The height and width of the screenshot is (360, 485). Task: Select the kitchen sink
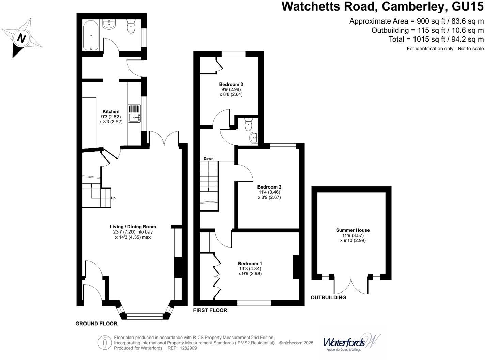tap(134, 114)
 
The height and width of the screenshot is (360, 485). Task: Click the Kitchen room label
tap(111, 111)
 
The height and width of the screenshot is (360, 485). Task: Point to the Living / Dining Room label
tap(133, 227)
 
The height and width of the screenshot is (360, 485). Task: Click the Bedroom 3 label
tap(231, 84)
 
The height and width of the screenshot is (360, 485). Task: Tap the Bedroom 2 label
tap(269, 187)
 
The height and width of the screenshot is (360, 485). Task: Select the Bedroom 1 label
tap(250, 264)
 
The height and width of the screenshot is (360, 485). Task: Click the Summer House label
tap(353, 230)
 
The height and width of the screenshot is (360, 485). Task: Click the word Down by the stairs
tap(208, 159)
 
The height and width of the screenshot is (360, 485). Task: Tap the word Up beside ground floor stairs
tap(113, 198)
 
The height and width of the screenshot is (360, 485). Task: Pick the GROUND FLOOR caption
tap(96, 324)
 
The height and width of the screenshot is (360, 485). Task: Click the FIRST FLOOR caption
tap(210, 310)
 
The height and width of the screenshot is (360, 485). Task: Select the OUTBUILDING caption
tap(328, 298)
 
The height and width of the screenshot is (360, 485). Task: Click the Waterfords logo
tap(351, 342)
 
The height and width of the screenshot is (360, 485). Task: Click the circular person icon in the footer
tap(105, 343)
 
